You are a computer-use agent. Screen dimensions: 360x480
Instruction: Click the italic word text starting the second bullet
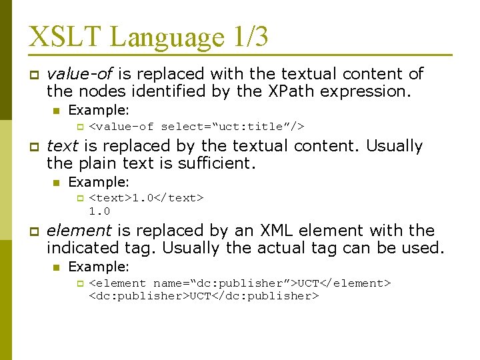point(63,145)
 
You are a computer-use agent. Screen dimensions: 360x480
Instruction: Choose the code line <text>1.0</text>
point(146,198)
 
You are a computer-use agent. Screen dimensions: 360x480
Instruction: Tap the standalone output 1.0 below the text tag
point(99,211)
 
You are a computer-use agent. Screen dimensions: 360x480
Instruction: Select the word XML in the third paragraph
point(273,231)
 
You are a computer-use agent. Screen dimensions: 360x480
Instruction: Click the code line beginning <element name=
point(239,283)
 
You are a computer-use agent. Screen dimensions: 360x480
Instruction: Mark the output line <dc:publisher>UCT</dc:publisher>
point(204,296)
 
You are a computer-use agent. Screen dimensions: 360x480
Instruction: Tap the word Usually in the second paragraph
point(395,145)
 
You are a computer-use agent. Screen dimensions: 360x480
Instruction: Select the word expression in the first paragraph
point(366,91)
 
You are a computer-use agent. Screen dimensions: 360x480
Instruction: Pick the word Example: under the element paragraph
point(99,267)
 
